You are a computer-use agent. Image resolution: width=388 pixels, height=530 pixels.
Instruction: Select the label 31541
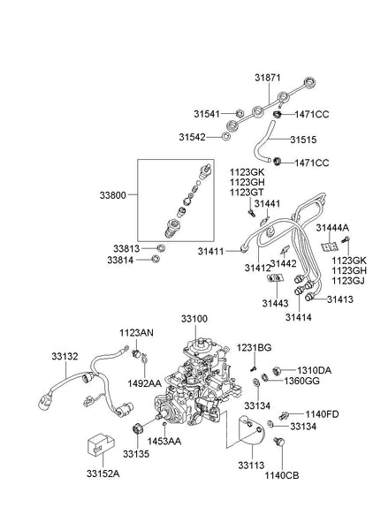pos(208,113)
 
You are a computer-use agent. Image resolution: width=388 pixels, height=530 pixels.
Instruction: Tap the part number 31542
pos(208,137)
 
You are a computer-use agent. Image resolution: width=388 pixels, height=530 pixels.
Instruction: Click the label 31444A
pos(334,227)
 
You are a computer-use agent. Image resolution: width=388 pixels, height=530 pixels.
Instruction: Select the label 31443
pos(277,304)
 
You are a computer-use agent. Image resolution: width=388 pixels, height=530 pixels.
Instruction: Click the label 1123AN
pos(137,333)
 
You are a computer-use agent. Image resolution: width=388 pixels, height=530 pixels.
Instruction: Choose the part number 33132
pos(66,356)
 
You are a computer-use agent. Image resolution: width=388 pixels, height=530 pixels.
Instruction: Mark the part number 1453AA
pos(164,440)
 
